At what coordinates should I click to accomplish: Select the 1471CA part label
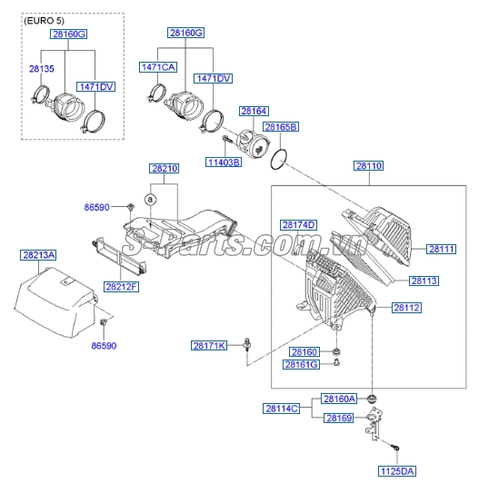158,66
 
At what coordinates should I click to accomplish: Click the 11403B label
223,163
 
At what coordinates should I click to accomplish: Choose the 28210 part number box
165,169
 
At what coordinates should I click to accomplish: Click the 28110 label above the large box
369,166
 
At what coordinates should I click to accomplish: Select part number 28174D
298,224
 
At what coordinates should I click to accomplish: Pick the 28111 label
442,249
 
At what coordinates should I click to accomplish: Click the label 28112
406,308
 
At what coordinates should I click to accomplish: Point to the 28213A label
38,257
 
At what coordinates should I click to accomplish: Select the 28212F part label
121,287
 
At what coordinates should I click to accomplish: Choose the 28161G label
302,364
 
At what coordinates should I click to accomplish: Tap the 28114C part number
282,409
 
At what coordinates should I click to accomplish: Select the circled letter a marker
152,198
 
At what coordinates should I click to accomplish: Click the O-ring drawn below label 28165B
280,158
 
